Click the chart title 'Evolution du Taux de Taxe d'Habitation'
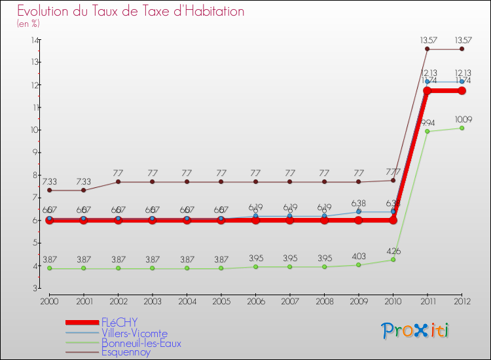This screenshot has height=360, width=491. pyautogui.click(x=131, y=12)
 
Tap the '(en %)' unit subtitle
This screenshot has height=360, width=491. pyautogui.click(x=28, y=24)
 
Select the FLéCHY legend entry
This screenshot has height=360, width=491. pyautogui.click(x=119, y=323)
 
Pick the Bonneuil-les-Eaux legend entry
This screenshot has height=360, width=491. pyautogui.click(x=141, y=343)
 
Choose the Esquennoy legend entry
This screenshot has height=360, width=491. pyautogui.click(x=126, y=353)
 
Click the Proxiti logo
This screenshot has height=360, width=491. pyautogui.click(x=416, y=331)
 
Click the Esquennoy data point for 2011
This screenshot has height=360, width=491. pyautogui.click(x=427, y=48)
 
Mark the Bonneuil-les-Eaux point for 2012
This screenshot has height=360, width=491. pyautogui.click(x=462, y=128)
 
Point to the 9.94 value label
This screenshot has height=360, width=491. pyautogui.click(x=427, y=122)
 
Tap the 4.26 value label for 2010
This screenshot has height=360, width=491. pyautogui.click(x=393, y=251)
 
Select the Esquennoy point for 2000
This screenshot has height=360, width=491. pyautogui.click(x=49, y=190)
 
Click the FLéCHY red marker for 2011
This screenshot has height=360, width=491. pyautogui.click(x=427, y=90)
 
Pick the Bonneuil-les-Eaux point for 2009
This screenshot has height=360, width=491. pyautogui.click(x=358, y=265)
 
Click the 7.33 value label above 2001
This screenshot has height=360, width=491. pyautogui.click(x=83, y=181)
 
